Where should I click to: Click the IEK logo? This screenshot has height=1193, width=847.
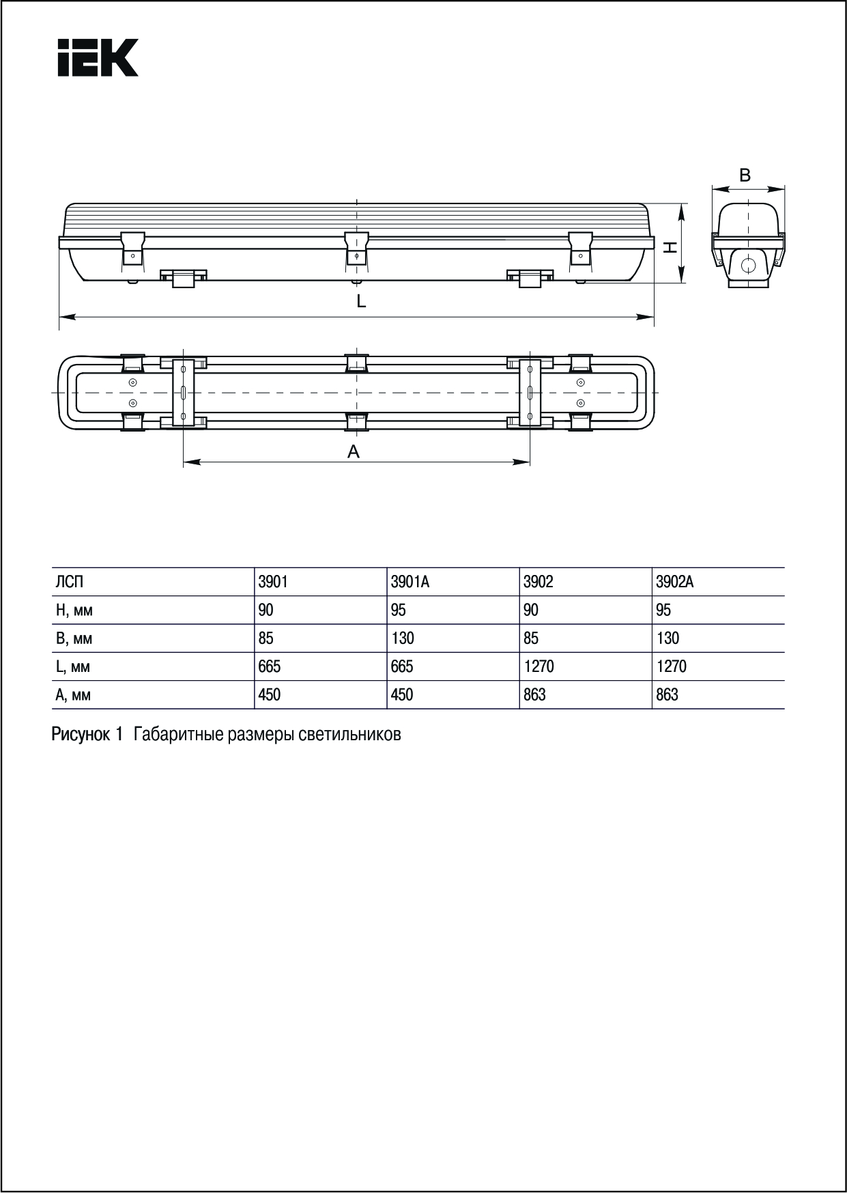coord(98,57)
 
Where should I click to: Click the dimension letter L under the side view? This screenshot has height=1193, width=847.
coord(361,301)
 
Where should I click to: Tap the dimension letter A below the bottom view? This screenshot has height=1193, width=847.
coord(354,451)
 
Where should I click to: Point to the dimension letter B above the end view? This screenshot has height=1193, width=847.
coord(745,176)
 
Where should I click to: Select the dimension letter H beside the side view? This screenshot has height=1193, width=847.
coord(671,247)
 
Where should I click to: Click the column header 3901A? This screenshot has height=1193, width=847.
coord(410,582)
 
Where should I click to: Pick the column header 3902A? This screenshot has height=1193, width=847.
coord(674,582)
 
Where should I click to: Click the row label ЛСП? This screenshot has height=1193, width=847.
coord(70,582)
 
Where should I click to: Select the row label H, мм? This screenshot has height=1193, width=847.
coord(74,610)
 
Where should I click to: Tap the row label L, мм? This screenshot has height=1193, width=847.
coord(73,667)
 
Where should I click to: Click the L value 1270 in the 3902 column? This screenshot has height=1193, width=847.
coord(539,666)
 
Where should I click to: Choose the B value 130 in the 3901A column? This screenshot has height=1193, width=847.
coord(403,638)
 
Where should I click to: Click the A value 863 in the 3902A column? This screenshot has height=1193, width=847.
coord(667,694)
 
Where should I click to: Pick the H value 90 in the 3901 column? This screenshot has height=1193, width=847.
coord(265,610)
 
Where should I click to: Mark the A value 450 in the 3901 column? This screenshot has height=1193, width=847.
coord(269,694)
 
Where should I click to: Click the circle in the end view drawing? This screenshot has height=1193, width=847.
coord(749,265)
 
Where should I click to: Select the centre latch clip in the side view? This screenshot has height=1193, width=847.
coord(356,247)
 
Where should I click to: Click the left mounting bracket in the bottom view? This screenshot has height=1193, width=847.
coord(183,393)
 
